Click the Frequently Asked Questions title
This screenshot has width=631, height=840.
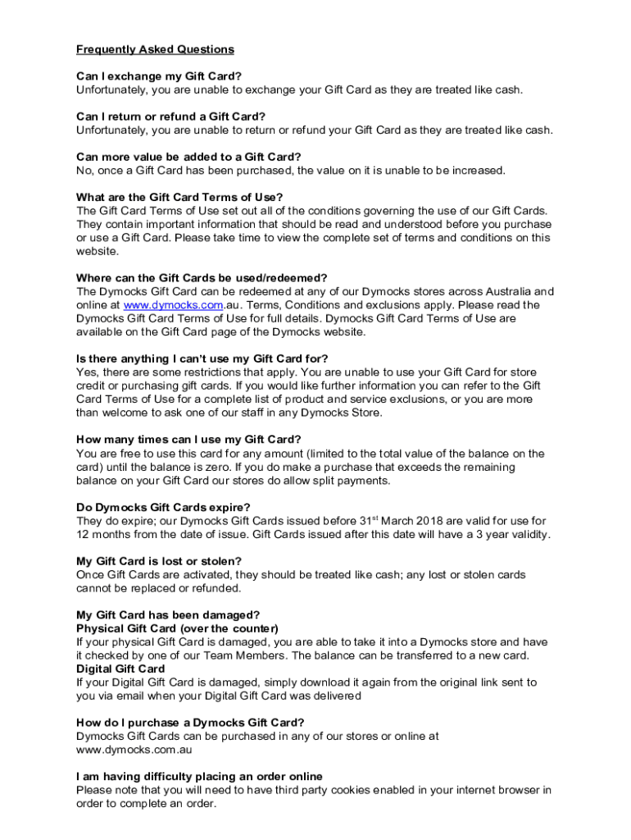tap(155, 49)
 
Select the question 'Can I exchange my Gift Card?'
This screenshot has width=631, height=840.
tap(159, 76)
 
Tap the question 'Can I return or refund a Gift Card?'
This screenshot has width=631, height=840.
tap(170, 116)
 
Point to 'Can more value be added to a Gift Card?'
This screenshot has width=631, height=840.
tap(188, 157)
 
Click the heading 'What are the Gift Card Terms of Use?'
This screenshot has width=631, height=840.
tap(179, 197)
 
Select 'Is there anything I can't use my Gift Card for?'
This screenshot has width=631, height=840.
tap(202, 358)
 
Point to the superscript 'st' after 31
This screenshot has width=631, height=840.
tap(388, 518)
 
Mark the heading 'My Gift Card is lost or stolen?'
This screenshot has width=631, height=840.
tap(159, 561)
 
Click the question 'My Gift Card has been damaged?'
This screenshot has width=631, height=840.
tap(168, 614)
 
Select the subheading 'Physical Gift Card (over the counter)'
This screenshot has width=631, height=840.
tap(178, 628)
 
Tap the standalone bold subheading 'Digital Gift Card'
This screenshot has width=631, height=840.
tap(120, 669)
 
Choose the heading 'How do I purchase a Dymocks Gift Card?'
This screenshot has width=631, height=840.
tap(190, 722)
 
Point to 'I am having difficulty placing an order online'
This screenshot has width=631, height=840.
tap(199, 776)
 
